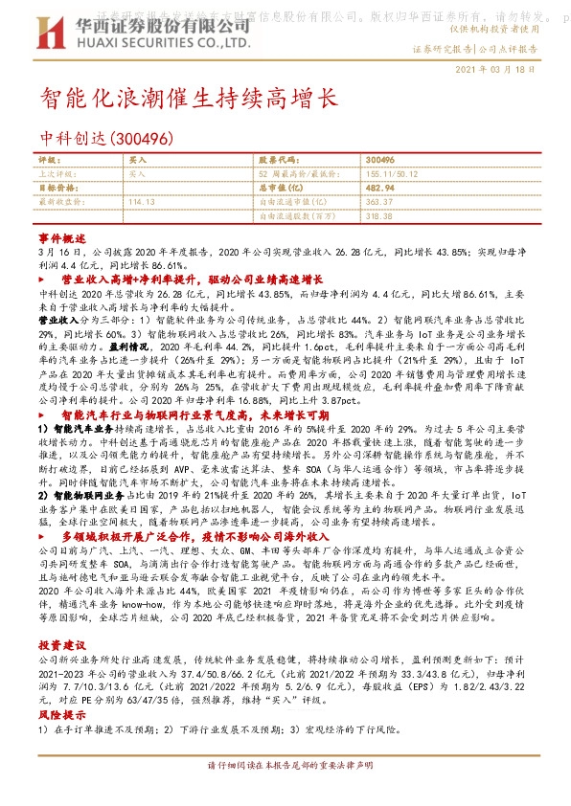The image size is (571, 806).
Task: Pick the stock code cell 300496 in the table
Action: click(x=380, y=160)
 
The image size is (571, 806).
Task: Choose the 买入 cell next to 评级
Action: click(x=138, y=160)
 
